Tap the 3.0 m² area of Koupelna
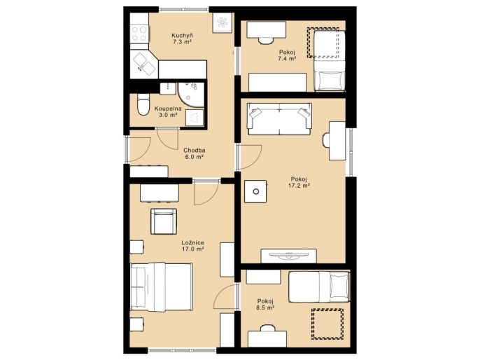168,115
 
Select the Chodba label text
195,151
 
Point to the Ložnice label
193,242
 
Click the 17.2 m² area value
299,186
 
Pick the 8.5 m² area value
265,307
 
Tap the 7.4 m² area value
287,59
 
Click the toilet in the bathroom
143,104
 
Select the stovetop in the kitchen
139,34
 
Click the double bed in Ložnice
162,286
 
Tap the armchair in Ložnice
164,221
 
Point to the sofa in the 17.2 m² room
279,119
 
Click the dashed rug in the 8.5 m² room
327,324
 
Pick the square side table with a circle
255,191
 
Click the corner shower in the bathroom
191,95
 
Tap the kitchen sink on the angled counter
145,64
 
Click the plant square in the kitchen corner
223,22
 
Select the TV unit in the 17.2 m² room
288,256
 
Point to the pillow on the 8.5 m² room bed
339,286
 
